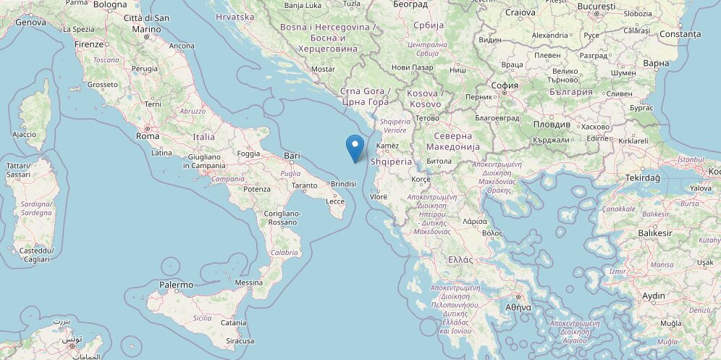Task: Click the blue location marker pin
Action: pyautogui.click(x=355, y=147)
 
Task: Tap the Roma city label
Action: pyautogui.click(x=148, y=135)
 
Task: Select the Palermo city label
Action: pyautogui.click(x=176, y=285)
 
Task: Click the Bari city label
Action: pyautogui.click(x=292, y=156)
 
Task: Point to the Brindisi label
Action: pyautogui.click(x=342, y=184)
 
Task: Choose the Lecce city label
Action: pyautogui.click(x=335, y=201)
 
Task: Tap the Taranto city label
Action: pyautogui.click(x=303, y=185)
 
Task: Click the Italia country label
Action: pyautogui.click(x=203, y=136)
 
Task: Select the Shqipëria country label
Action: pyautogui.click(x=390, y=162)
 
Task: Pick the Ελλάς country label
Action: pyautogui.click(x=460, y=259)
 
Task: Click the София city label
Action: pyautogui.click(x=504, y=85)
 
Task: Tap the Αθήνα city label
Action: pyautogui.click(x=518, y=306)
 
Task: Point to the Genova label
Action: pyautogui.click(x=30, y=22)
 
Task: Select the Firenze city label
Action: pyautogui.click(x=89, y=44)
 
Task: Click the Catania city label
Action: pyautogui.click(x=234, y=323)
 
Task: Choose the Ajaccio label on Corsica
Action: pyautogui.click(x=24, y=134)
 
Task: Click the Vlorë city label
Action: pyautogui.click(x=378, y=196)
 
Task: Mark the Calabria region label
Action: pyautogui.click(x=284, y=252)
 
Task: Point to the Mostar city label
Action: pyautogui.click(x=322, y=69)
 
